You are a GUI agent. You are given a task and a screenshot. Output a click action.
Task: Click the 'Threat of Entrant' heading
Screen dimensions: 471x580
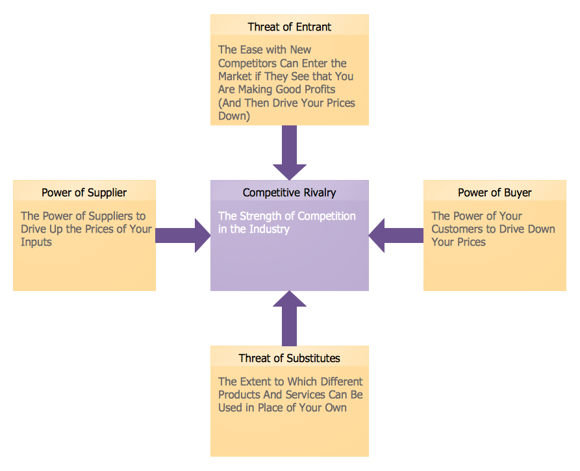point(289,27)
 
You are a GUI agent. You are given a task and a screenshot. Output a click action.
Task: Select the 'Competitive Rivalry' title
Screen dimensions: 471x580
point(289,192)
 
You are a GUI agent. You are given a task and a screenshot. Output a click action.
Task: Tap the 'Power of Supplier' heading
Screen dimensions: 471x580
point(84,192)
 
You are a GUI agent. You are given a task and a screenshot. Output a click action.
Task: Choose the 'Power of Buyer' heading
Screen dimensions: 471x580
point(494,192)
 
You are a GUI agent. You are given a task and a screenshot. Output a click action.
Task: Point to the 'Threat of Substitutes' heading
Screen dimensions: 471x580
point(289,358)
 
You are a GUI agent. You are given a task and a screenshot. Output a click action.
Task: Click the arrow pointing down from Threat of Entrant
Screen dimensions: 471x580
point(289,153)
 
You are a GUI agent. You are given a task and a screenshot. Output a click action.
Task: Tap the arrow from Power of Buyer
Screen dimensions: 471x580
point(396,235)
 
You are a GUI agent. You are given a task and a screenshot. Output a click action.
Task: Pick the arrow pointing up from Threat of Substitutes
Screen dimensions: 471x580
point(289,318)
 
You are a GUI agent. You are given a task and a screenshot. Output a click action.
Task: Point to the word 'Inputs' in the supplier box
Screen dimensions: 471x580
point(36,242)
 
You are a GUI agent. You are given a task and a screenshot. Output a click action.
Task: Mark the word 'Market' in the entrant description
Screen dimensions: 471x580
point(234,77)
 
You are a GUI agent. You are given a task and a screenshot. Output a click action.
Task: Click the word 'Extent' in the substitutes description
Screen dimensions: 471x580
point(258,381)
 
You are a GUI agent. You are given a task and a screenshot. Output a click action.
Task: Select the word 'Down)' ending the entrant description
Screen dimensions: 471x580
point(234,116)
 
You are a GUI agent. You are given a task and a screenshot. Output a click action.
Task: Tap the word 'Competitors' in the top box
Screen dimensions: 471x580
point(247,63)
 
